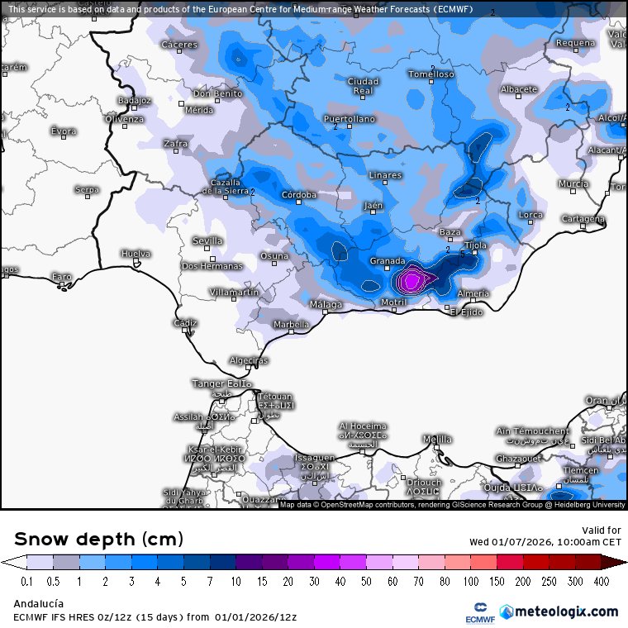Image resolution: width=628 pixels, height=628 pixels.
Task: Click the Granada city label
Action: click(387, 261)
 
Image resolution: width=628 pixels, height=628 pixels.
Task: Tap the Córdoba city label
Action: click(299, 195)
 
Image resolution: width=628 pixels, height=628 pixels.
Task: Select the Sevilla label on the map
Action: click(207, 240)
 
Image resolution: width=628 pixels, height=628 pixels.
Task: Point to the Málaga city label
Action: click(326, 305)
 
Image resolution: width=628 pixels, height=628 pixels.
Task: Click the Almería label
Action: click(473, 293)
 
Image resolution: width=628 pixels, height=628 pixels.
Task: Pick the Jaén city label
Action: click(373, 205)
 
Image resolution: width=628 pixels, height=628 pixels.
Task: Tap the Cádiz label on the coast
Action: click(185, 322)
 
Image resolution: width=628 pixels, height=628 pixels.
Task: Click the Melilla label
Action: click(436, 438)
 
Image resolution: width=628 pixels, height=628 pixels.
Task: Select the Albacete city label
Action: click(519, 89)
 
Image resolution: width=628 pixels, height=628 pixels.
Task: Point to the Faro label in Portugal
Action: click(61, 276)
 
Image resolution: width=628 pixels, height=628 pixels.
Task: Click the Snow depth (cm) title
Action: click(98, 540)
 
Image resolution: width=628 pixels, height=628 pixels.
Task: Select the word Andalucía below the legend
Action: click(39, 604)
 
